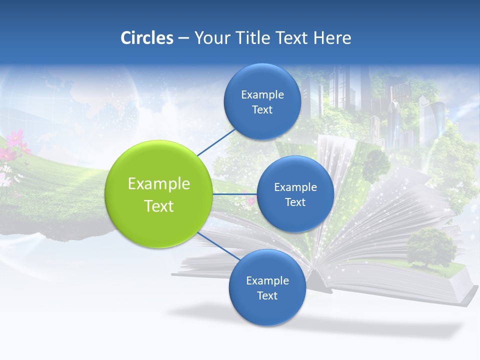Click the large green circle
pyautogui.click(x=158, y=194)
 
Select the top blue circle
pyautogui.click(x=262, y=101)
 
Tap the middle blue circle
pyautogui.click(x=295, y=194)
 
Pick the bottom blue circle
pyautogui.click(x=267, y=287)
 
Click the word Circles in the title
pyautogui.click(x=146, y=38)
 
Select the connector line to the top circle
pyautogui.click(x=216, y=142)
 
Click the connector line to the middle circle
pyautogui.click(x=235, y=193)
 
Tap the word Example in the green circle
pyautogui.click(x=158, y=183)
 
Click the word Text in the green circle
pyautogui.click(x=158, y=205)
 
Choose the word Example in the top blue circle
pyautogui.click(x=262, y=94)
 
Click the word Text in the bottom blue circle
pyautogui.click(x=267, y=295)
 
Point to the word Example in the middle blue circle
pyautogui.click(x=295, y=187)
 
